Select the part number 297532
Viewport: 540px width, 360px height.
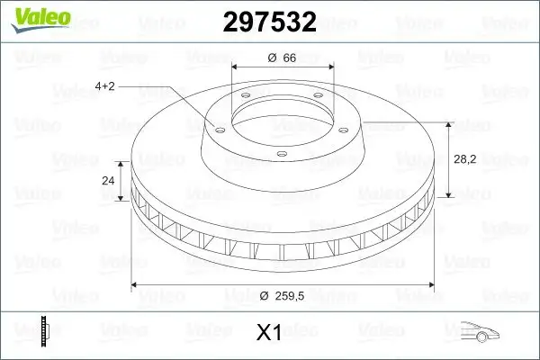269,22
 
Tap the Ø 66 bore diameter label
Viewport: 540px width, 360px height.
283,58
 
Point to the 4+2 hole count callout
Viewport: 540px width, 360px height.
104,85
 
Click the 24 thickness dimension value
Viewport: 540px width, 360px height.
109,180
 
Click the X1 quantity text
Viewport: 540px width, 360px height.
269,333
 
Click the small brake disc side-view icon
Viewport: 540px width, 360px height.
43,331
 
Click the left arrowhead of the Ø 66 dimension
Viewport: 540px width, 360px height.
236,67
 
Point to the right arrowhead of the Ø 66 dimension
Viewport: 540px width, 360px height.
329,67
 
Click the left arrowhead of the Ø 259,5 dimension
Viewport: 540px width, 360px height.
136,284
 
